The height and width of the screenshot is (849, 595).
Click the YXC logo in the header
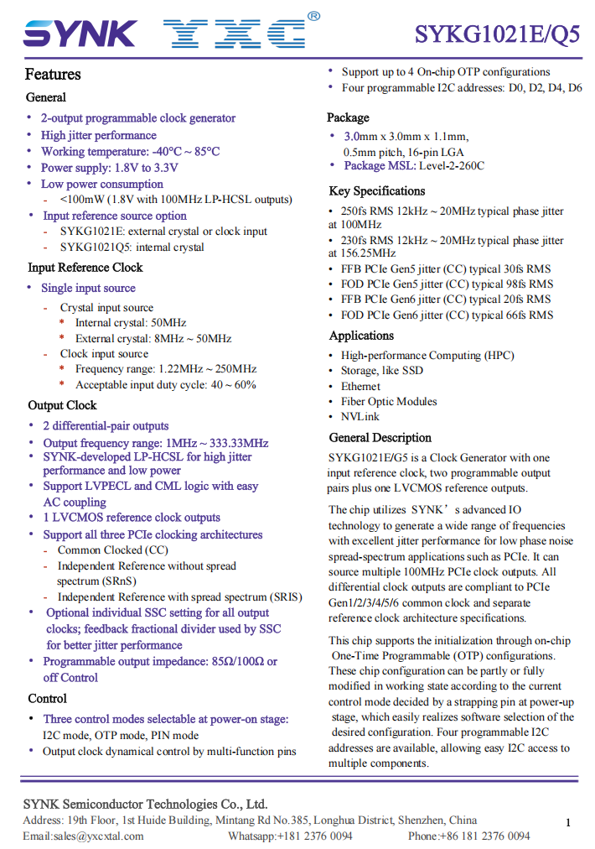point(233,34)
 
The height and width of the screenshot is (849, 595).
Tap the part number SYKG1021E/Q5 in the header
point(497,34)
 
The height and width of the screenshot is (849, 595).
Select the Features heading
point(53,75)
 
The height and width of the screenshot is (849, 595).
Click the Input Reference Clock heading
point(85,268)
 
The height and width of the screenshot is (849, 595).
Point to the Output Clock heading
point(63,405)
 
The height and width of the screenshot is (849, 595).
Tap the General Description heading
point(380,438)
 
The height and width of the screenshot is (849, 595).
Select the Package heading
point(348,117)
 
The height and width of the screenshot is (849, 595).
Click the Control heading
point(47,699)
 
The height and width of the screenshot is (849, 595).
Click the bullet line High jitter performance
point(99,135)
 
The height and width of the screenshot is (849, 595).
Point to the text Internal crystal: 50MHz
point(131,323)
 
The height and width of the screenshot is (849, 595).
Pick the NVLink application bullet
point(360,417)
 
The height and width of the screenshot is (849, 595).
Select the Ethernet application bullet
point(360,387)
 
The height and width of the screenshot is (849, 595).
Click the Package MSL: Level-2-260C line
point(413,166)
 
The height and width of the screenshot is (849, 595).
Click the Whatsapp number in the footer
point(290,836)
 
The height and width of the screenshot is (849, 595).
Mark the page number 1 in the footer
point(567,823)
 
